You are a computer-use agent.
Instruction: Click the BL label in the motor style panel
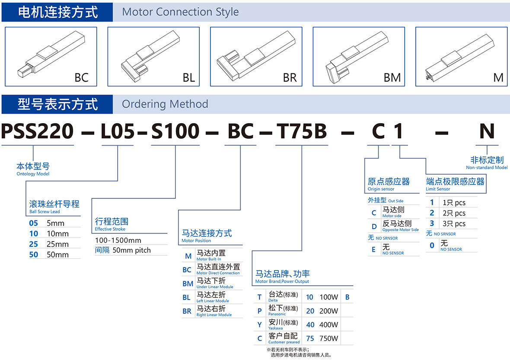click(188, 78)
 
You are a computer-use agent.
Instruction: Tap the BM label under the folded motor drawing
click(392, 78)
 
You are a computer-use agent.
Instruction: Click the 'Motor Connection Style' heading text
click(180, 12)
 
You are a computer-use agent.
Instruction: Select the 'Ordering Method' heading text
click(165, 104)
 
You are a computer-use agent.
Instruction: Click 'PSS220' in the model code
click(38, 131)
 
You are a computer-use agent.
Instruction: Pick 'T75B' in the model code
click(302, 131)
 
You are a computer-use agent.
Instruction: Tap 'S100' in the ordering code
click(175, 131)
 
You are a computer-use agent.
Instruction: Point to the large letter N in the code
click(487, 131)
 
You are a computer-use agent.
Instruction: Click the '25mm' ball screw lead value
click(57, 244)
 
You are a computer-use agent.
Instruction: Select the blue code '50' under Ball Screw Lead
click(34, 255)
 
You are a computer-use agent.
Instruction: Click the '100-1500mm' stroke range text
click(118, 240)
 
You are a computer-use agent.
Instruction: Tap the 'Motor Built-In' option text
click(208, 259)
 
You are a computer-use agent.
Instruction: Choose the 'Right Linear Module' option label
click(214, 315)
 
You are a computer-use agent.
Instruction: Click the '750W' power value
click(329, 338)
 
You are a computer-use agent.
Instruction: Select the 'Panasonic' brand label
click(277, 314)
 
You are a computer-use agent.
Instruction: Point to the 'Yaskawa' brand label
click(275, 328)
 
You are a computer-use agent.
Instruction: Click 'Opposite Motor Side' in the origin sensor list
click(400, 229)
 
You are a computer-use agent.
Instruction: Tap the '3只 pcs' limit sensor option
click(454, 224)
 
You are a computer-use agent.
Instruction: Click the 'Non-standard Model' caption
click(487, 168)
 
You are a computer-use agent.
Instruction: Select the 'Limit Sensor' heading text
click(438, 189)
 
